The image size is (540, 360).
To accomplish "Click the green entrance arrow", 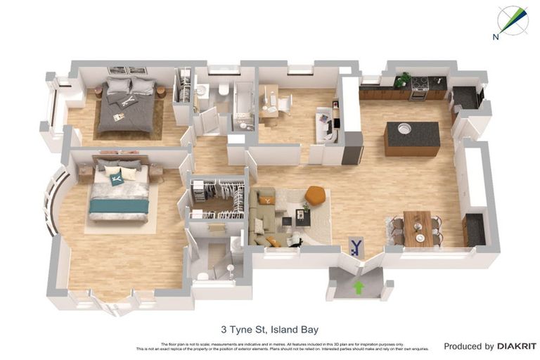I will [359, 287].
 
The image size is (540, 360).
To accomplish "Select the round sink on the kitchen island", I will [404, 129].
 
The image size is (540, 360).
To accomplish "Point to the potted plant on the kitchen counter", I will [401, 80].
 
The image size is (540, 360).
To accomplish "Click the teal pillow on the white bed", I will [117, 179].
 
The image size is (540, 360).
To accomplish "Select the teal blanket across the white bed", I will [119, 205].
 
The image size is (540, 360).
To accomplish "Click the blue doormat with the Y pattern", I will [357, 246].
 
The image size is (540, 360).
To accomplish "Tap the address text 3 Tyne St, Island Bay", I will [270, 328].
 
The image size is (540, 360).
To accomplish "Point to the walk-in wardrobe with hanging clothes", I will [218, 198].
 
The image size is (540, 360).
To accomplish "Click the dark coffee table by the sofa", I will [302, 217].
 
